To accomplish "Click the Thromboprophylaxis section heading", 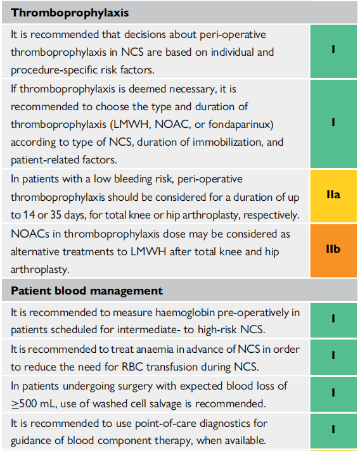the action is pos(70,13).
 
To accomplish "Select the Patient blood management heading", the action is pos(87,291).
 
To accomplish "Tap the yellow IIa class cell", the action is pos(333,196).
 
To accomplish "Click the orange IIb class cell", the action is pos(333,251).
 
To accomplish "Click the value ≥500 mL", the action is pos(34,403).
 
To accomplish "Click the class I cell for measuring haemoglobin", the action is pos(333,320).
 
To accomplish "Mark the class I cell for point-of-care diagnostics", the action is pos(333,431).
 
